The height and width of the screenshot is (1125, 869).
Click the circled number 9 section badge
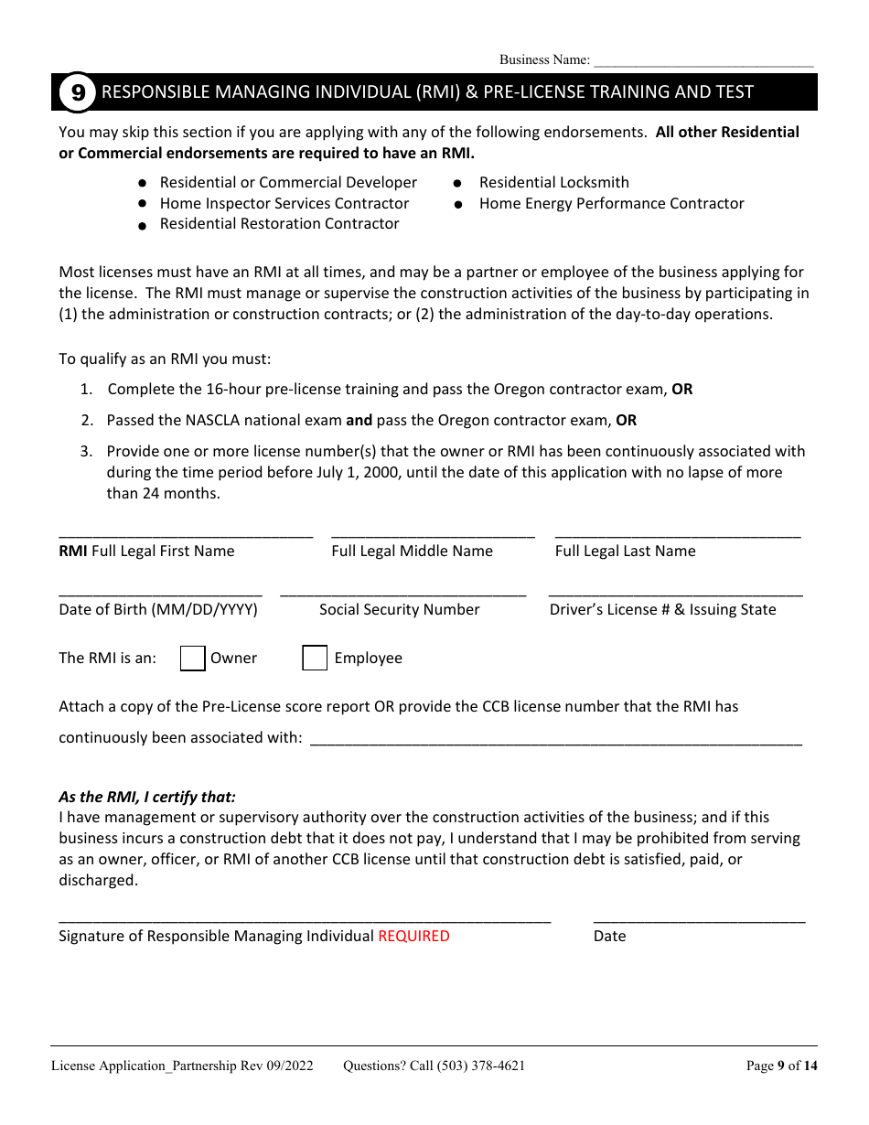78,92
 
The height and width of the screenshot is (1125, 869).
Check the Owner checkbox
193,659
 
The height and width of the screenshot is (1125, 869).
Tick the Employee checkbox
315,659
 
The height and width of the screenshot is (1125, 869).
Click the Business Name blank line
703,61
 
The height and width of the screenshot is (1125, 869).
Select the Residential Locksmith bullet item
553,183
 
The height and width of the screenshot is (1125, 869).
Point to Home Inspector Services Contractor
284,204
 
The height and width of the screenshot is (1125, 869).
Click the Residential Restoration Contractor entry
279,224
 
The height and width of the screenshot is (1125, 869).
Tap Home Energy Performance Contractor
611,204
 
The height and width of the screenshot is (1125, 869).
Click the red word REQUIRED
413,937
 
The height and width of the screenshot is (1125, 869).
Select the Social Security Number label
399,610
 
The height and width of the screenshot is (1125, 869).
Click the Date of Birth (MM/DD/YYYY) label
158,610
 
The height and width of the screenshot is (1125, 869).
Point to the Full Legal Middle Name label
412,552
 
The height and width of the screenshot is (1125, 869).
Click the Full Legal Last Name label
625,552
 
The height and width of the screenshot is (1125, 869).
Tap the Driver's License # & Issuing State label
662,610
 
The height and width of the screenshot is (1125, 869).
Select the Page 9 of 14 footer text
781,1066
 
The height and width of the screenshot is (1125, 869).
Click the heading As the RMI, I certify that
147,797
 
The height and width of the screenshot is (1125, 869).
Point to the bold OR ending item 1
681,390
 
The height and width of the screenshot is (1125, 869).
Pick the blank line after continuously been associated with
556,742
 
